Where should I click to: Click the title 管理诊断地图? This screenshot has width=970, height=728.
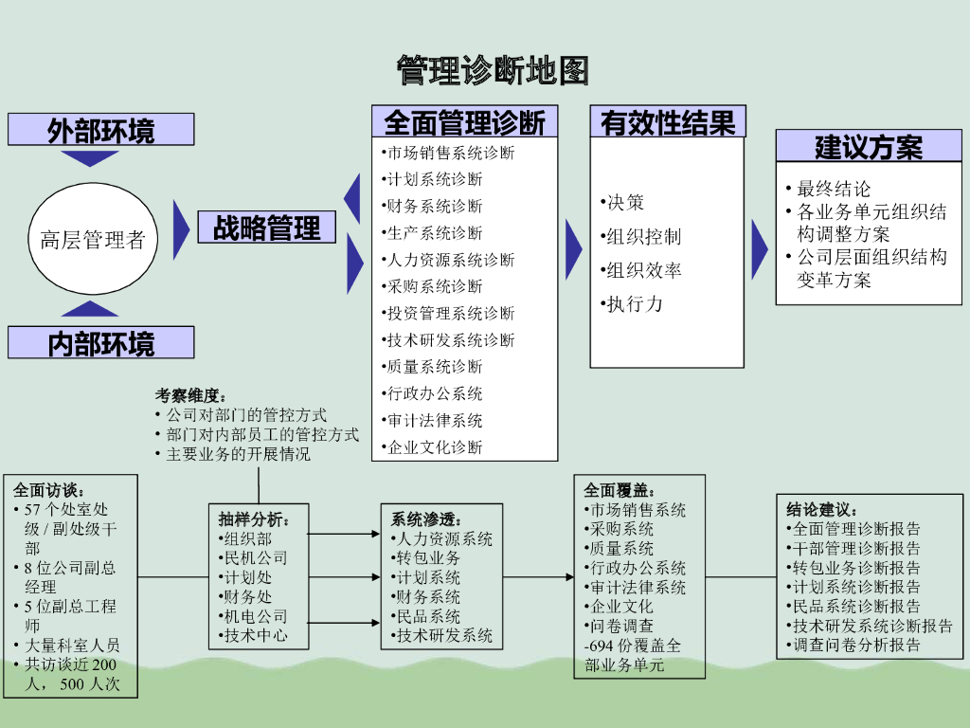pos(493,69)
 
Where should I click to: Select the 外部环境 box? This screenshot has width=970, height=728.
pos(101,130)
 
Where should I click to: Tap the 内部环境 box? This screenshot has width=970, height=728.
pos(101,342)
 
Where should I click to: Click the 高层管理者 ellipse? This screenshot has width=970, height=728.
pos(92,239)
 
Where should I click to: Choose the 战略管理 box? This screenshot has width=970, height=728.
pos(267,227)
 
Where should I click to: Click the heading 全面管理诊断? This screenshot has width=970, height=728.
pos(464,121)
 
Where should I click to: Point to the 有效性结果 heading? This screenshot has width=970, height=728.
pos(668,121)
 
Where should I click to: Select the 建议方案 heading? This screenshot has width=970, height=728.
pos(869,147)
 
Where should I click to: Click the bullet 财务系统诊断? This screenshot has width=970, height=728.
pos(435,206)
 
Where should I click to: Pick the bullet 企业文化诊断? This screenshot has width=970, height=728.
pos(435,446)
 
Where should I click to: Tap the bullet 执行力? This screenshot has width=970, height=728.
pos(634,304)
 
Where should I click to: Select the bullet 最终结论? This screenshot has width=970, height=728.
pos(834,189)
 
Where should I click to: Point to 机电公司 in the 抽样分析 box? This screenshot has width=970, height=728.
pos(254,616)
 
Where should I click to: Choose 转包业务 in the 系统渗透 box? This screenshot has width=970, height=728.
pos(427,558)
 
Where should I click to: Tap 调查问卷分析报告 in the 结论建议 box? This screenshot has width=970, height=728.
pos(855,646)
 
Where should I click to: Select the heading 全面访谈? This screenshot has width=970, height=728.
pos(48,491)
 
